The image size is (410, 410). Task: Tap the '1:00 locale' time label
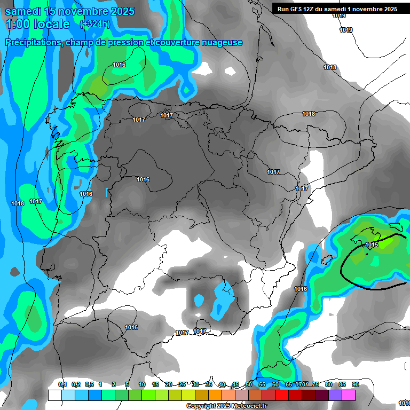click(38, 25)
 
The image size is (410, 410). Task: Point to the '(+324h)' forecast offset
click(95, 24)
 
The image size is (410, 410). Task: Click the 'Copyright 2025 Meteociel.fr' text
click(226, 406)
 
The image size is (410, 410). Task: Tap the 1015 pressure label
click(372, 245)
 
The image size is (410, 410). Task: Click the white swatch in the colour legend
click(54, 395)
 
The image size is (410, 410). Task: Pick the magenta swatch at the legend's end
click(349, 395)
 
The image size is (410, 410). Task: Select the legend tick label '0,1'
click(62, 385)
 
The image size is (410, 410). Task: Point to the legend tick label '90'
click(355, 385)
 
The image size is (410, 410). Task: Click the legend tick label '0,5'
click(89, 385)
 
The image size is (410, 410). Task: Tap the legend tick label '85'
click(342, 385)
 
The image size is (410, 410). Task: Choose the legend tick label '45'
click(235, 385)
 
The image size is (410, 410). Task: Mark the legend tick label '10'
click(141, 385)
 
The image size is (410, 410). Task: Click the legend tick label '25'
click(182, 385)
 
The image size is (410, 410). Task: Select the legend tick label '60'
click(275, 385)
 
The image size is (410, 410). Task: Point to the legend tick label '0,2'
click(75, 385)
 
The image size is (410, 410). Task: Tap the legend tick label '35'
click(208, 385)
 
